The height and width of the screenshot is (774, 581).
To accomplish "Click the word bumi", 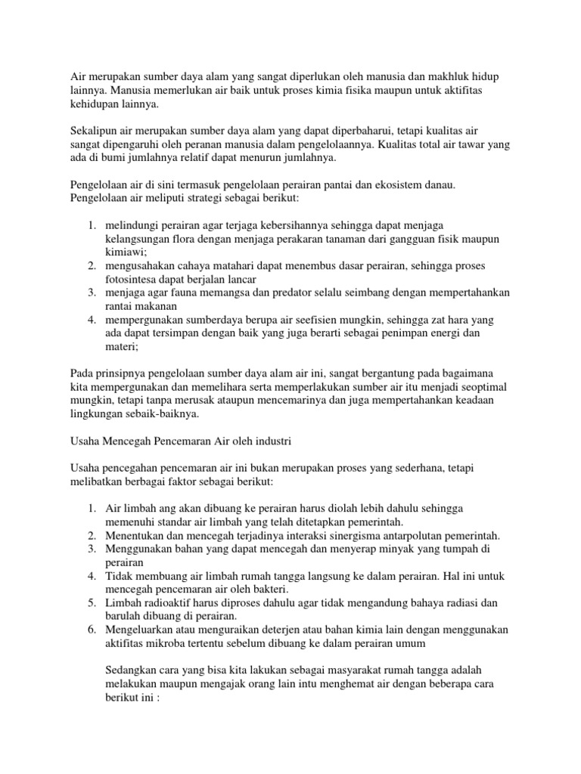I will click(126, 159).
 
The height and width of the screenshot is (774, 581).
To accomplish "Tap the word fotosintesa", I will click(132, 280).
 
